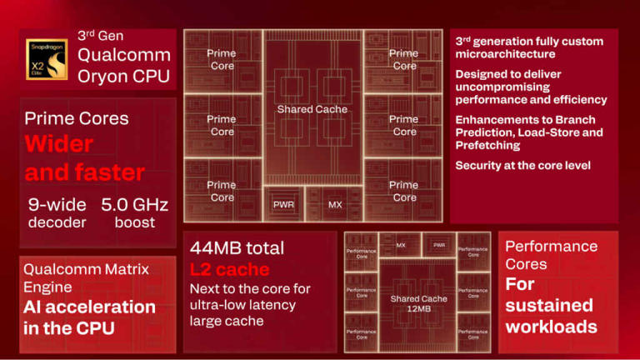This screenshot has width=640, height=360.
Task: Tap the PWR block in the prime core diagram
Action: [284, 204]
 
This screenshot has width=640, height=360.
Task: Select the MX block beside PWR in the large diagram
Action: [334, 204]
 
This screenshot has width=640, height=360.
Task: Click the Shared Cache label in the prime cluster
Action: [312, 109]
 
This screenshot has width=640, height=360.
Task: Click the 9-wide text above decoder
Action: [57, 204]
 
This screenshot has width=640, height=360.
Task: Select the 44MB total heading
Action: [237, 247]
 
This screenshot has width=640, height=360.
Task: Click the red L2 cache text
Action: [229, 269]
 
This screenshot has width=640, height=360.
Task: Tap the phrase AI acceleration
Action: [89, 307]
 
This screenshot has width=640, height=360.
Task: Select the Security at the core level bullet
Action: [522, 166]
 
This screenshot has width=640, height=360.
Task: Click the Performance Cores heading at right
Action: [551, 255]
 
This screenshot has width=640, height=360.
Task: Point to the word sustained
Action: [549, 304]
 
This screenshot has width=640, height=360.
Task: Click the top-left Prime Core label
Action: [222, 59]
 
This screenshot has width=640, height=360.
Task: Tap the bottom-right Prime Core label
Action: [403, 191]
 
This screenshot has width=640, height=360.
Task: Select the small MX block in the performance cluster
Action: [401, 245]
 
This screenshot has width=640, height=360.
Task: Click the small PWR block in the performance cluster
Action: [439, 245]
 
